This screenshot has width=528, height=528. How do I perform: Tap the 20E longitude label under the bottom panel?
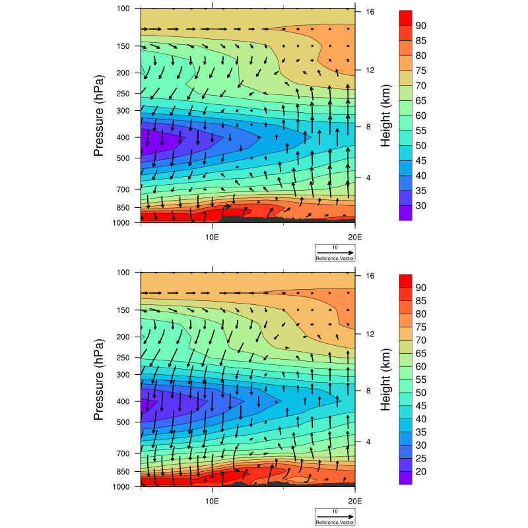(354, 499)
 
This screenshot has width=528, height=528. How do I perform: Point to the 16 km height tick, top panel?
(371, 12)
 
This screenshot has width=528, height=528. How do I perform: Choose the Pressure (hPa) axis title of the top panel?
(99, 116)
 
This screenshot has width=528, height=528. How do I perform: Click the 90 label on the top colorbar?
(420, 25)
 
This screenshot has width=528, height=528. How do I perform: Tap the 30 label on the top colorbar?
(420, 206)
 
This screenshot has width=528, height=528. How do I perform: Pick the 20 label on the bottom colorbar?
(420, 471)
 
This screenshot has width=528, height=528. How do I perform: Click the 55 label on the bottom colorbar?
(420, 366)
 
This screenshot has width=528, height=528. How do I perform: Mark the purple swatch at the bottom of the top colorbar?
(405, 213)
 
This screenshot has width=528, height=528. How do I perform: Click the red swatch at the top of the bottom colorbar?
(405, 281)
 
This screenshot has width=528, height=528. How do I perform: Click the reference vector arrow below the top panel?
(335, 253)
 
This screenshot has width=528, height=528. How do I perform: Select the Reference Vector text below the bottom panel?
(335, 522)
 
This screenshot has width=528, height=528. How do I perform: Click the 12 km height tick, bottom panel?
(371, 334)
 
